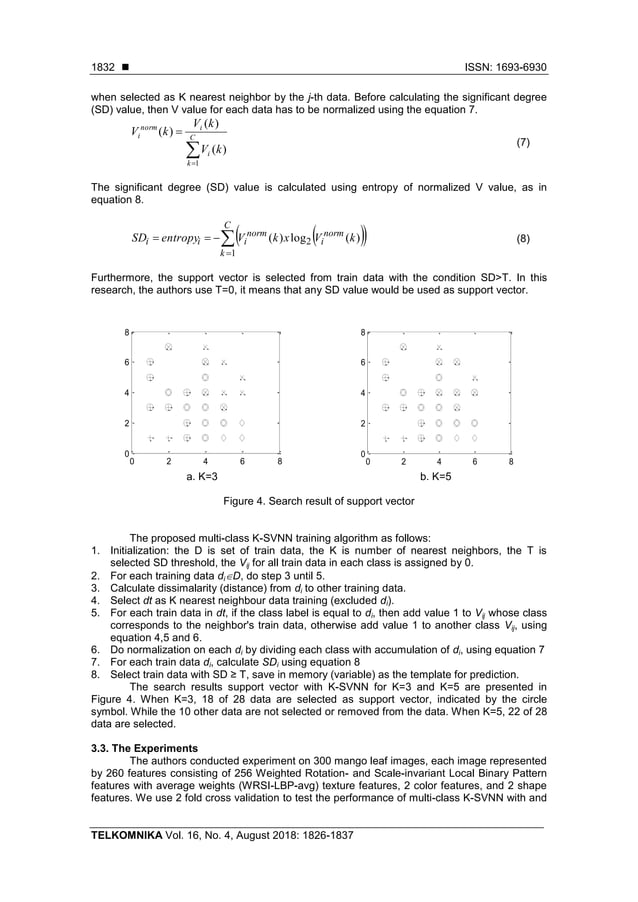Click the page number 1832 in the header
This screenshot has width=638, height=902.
(x=102, y=67)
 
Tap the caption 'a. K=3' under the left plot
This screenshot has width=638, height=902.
(x=202, y=477)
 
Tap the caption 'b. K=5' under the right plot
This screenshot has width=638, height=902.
(x=436, y=477)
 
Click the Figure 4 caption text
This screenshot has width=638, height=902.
(x=320, y=500)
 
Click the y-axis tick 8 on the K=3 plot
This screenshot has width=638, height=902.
(x=126, y=331)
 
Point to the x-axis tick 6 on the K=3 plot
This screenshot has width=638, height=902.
(x=242, y=462)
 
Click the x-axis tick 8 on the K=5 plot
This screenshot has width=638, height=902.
(x=511, y=462)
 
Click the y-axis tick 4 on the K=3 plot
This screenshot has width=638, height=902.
(x=126, y=393)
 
